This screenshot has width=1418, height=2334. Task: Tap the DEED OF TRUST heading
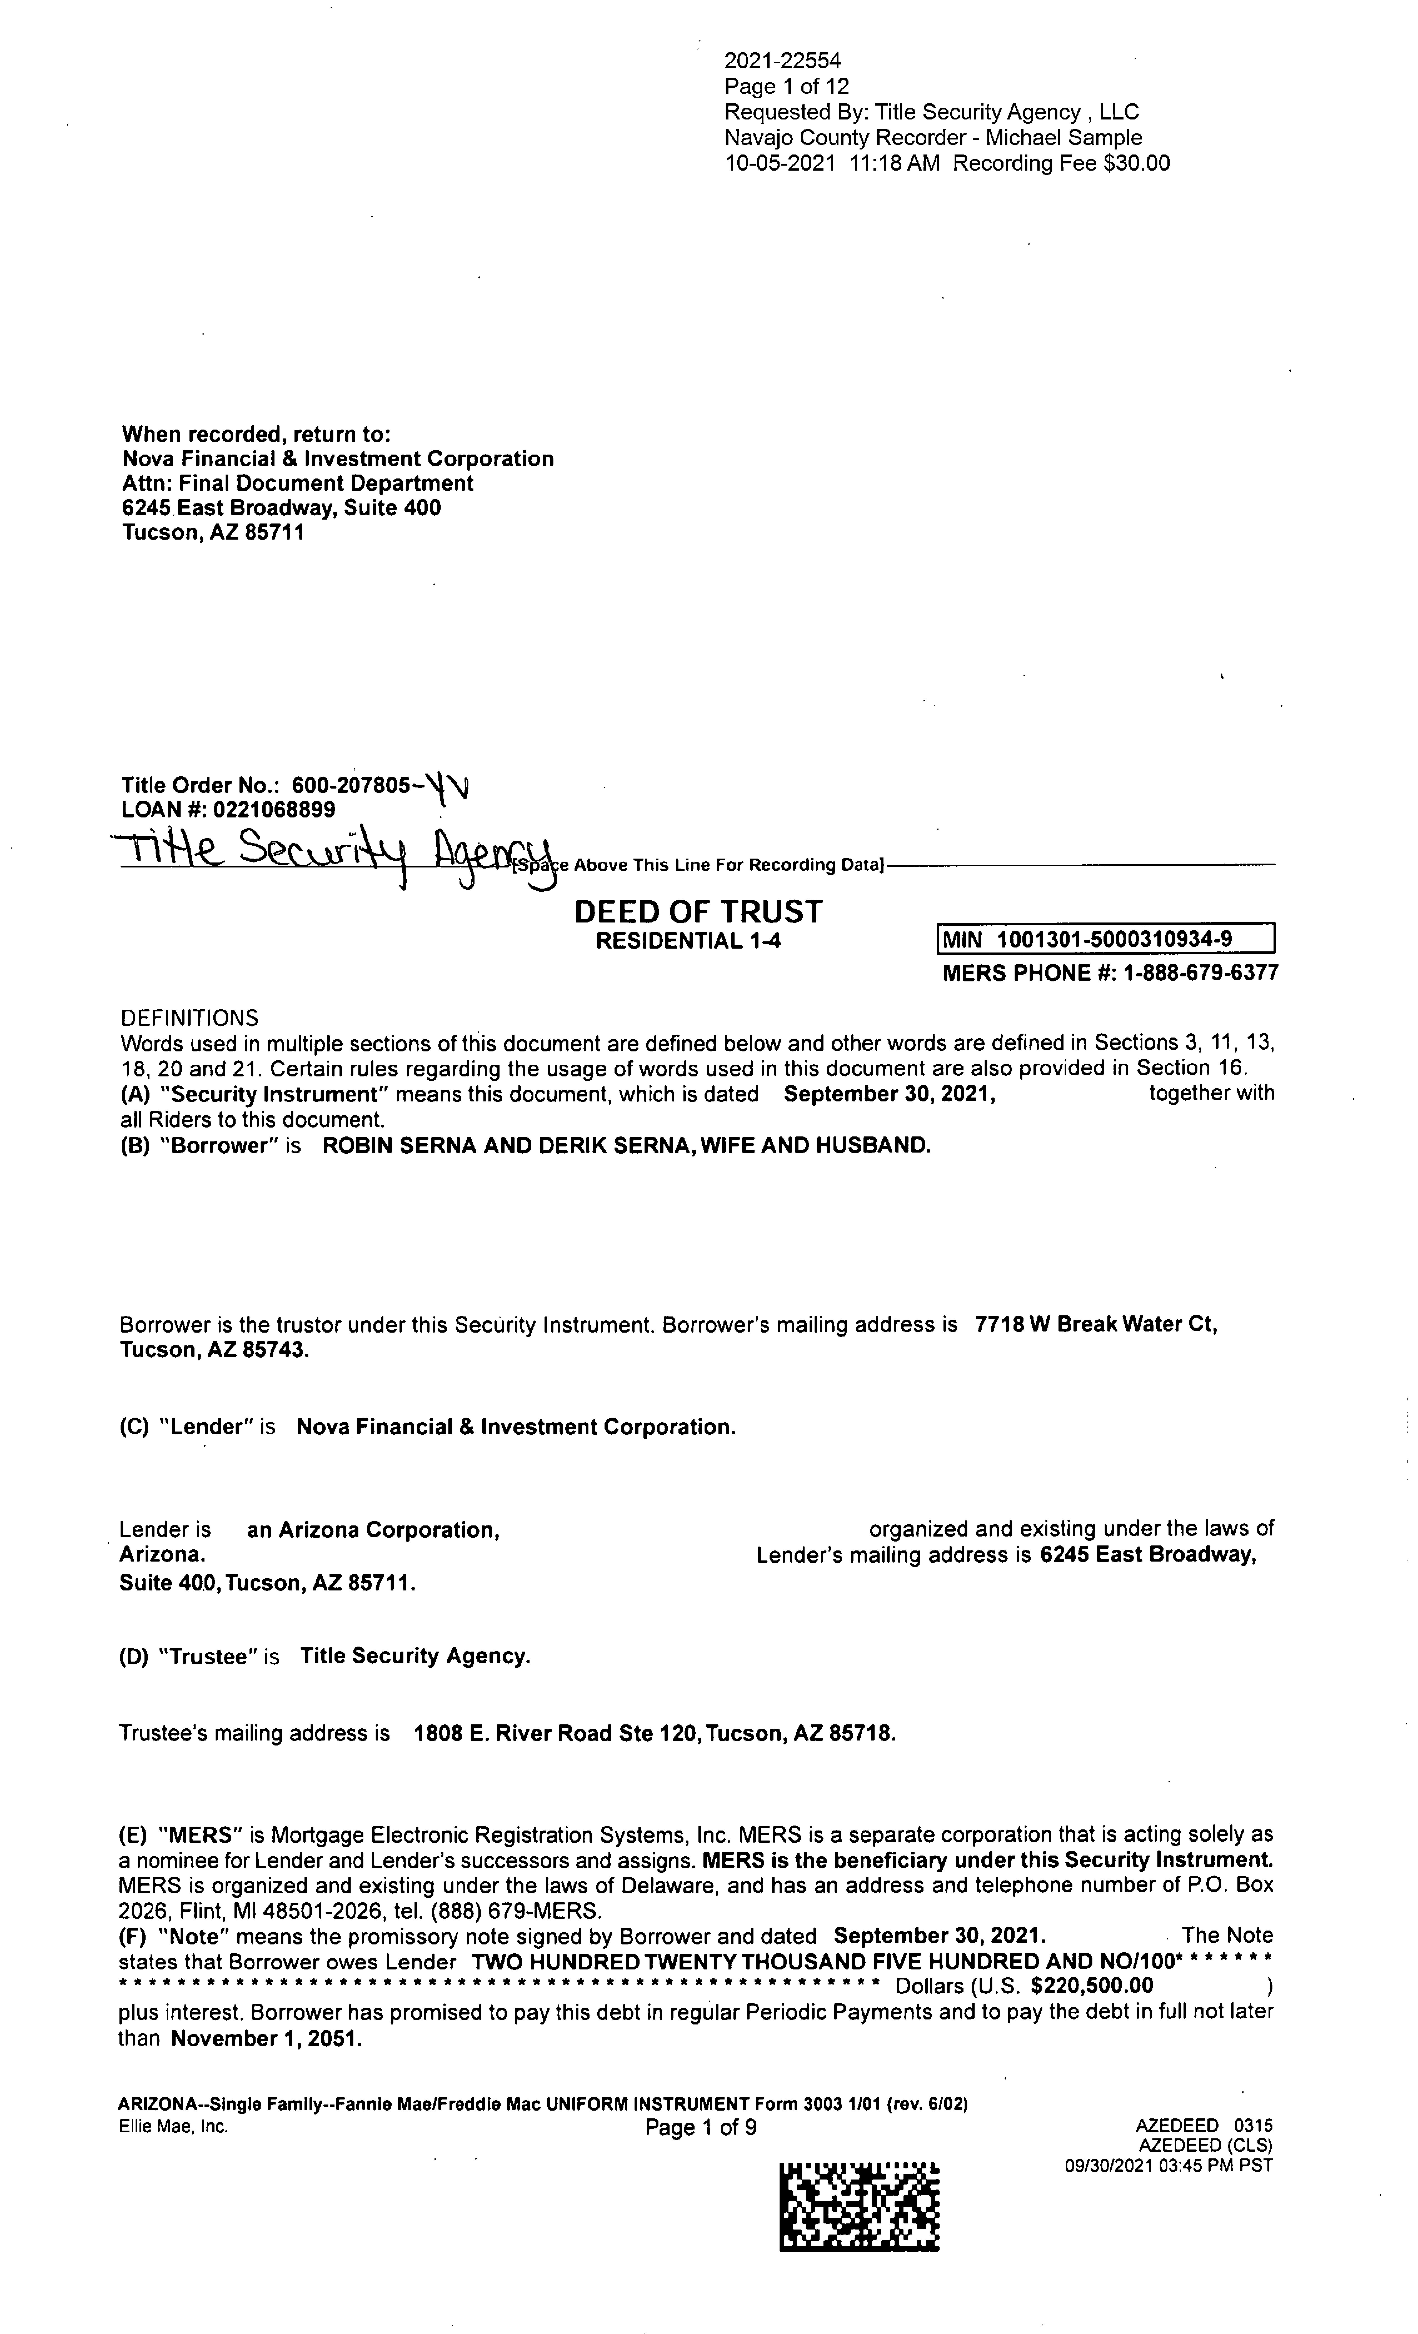(x=698, y=912)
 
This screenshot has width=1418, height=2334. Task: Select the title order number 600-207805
(x=351, y=785)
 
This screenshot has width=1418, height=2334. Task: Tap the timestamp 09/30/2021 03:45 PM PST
(x=1168, y=2165)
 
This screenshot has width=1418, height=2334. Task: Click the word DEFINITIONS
(x=189, y=1018)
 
